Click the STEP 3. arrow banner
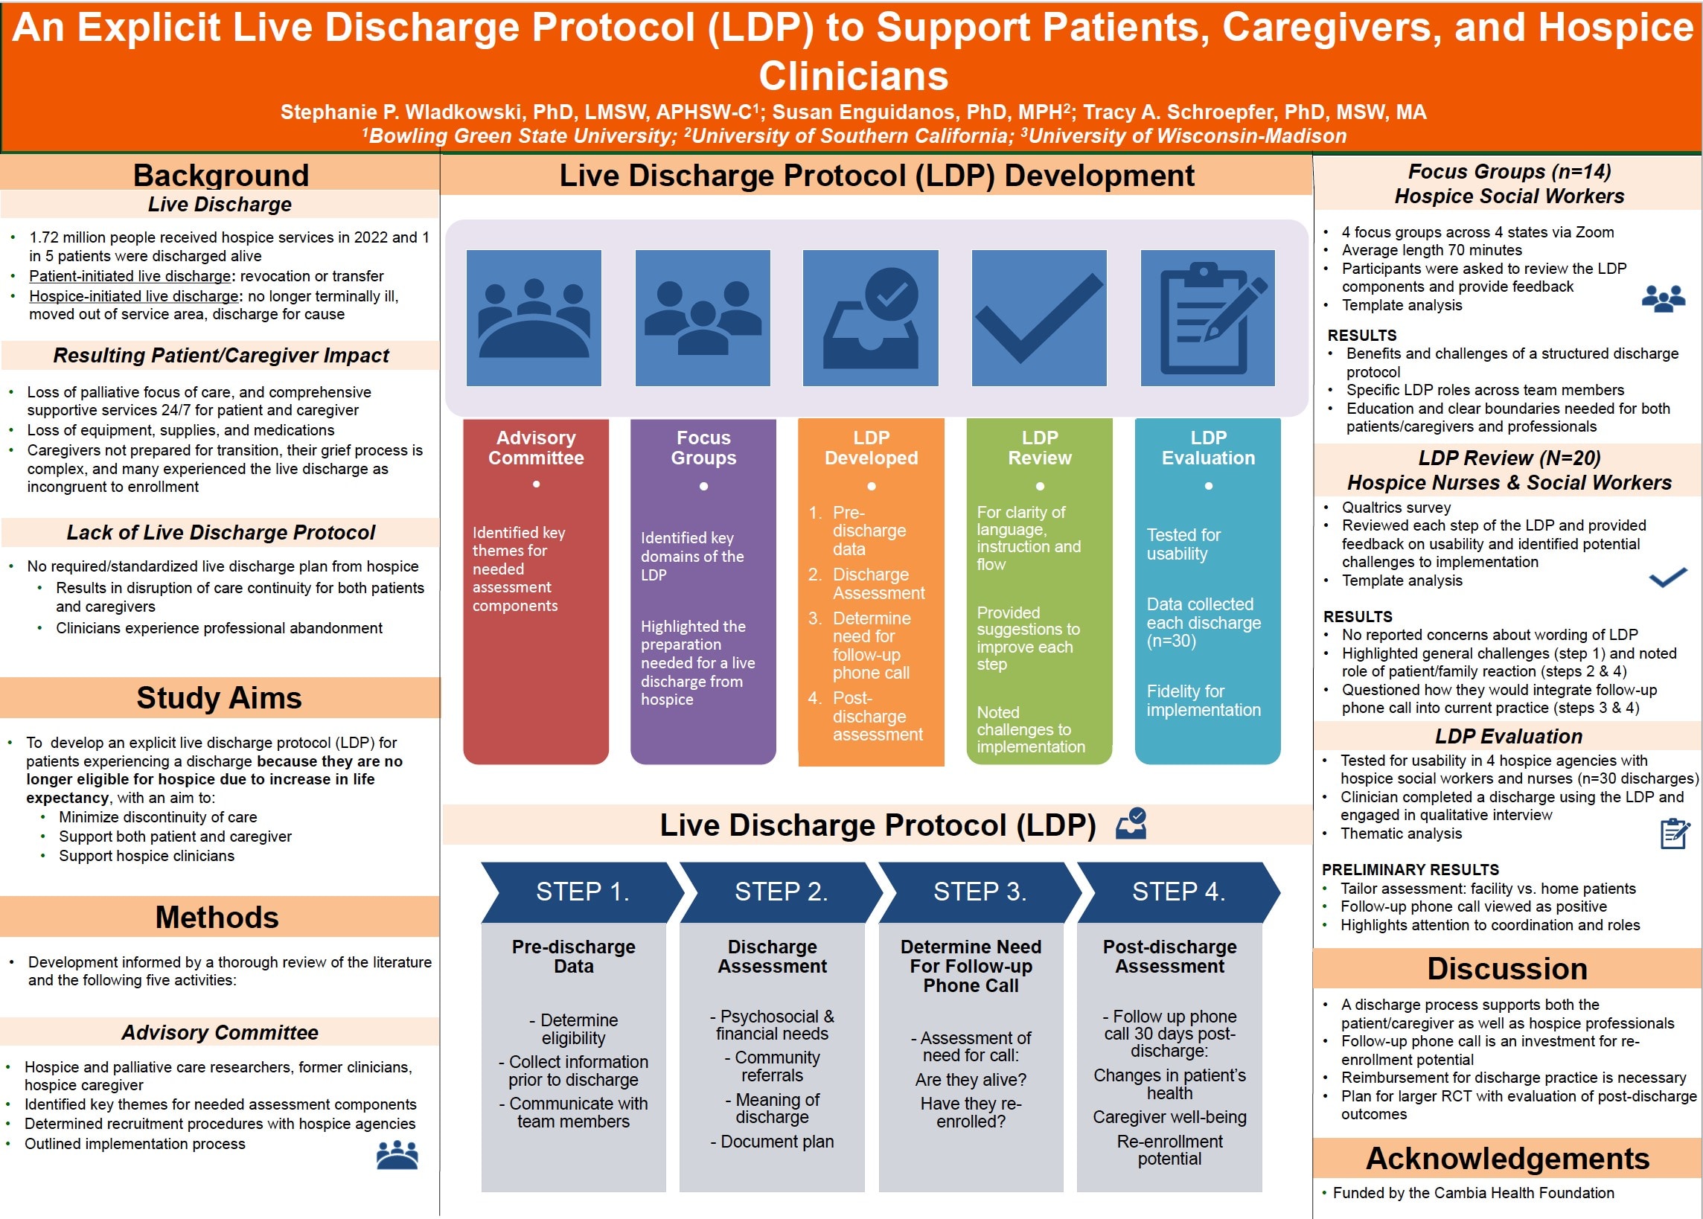980,892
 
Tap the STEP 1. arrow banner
582,892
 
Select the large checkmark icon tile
1039,318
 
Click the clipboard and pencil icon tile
1207,318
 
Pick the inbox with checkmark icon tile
871,318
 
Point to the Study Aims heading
219,698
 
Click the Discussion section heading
1507,969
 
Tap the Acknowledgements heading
1507,1159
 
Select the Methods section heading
217,918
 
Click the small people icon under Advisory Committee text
397,1155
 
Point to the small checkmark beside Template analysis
1668,577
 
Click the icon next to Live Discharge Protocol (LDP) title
1131,823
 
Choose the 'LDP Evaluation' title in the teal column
1208,447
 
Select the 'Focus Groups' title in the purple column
703,447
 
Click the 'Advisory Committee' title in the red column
536,447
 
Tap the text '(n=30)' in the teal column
1171,641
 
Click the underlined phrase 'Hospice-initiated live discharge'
133,296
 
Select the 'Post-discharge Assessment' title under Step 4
1169,956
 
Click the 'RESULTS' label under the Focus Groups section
1362,336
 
